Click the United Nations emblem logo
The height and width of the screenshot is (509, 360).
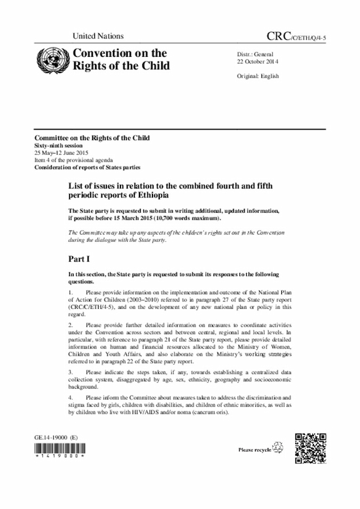pyautogui.click(x=51, y=60)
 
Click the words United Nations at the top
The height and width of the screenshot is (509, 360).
pyautogui.click(x=98, y=37)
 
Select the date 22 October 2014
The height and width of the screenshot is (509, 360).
pyautogui.click(x=259, y=61)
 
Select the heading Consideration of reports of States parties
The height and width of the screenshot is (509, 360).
pyautogui.click(x=87, y=167)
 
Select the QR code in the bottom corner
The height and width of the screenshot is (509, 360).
pyautogui.click(x=310, y=448)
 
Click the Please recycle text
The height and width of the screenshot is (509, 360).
pyautogui.click(x=255, y=450)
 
